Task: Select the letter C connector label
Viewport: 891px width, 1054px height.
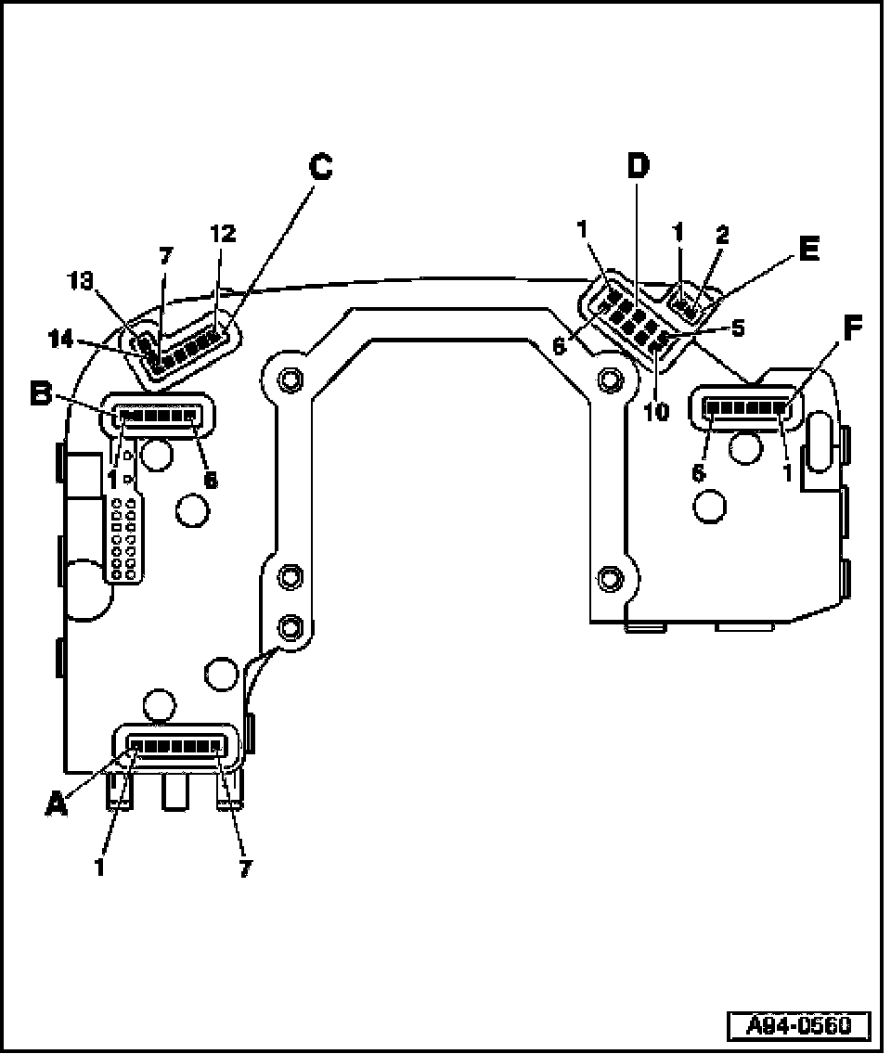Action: [x=320, y=167]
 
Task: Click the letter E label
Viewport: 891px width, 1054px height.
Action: [x=807, y=249]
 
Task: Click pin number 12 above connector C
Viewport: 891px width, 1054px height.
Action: [x=222, y=236]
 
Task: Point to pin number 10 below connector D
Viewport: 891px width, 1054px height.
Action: [x=656, y=411]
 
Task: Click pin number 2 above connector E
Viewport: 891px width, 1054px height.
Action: [x=722, y=235]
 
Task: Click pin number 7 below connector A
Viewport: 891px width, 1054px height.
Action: [x=245, y=869]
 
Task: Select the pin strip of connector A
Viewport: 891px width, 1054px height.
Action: [x=176, y=744]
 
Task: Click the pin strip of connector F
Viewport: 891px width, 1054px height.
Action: [x=745, y=405]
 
